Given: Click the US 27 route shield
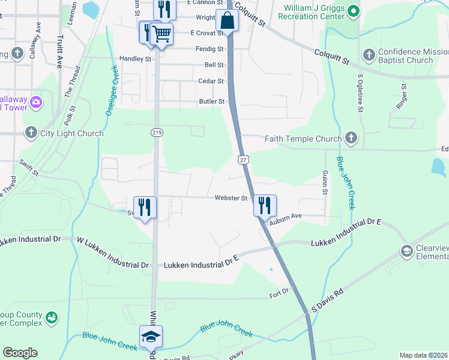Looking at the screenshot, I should tap(243, 160).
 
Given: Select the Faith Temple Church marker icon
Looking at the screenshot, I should tap(351, 139).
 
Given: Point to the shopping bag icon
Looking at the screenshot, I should tap(228, 21).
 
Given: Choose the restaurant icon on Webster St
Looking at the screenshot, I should tap(265, 205).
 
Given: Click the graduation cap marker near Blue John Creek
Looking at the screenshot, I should tap(151, 337).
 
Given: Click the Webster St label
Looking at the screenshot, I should tap(232, 198).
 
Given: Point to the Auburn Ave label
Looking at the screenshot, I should tap(285, 220).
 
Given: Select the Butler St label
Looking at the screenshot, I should tap(212, 102).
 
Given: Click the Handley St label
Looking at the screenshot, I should tap(136, 59).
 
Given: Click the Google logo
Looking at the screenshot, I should tap(20, 353).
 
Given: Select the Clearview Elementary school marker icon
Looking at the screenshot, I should tap(406, 250).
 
